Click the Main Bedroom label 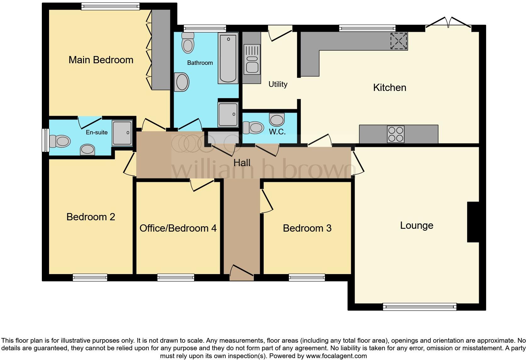101,60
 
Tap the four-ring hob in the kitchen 395,134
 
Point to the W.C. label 277,132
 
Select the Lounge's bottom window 419,307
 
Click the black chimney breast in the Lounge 473,222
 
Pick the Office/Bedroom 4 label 178,228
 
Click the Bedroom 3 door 266,201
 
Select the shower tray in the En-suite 122,133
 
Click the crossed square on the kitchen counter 399,41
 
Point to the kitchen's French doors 448,24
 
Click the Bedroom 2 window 90,277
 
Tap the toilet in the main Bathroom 188,43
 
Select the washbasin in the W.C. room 277,120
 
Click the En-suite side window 46,140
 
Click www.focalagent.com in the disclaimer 336,356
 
